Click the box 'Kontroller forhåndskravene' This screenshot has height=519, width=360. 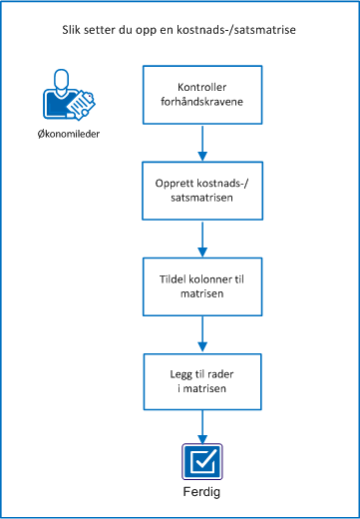(203, 94)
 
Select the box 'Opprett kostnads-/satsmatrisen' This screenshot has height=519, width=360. (203, 190)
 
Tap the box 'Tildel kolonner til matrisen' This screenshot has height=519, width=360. (203, 284)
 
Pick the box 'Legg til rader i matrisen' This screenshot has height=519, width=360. (203, 379)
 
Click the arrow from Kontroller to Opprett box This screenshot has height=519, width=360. (203, 142)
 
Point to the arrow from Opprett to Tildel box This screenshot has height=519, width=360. (203, 237)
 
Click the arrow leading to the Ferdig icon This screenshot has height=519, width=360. (203, 427)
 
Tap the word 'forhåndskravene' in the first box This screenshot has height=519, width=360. (203, 101)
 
